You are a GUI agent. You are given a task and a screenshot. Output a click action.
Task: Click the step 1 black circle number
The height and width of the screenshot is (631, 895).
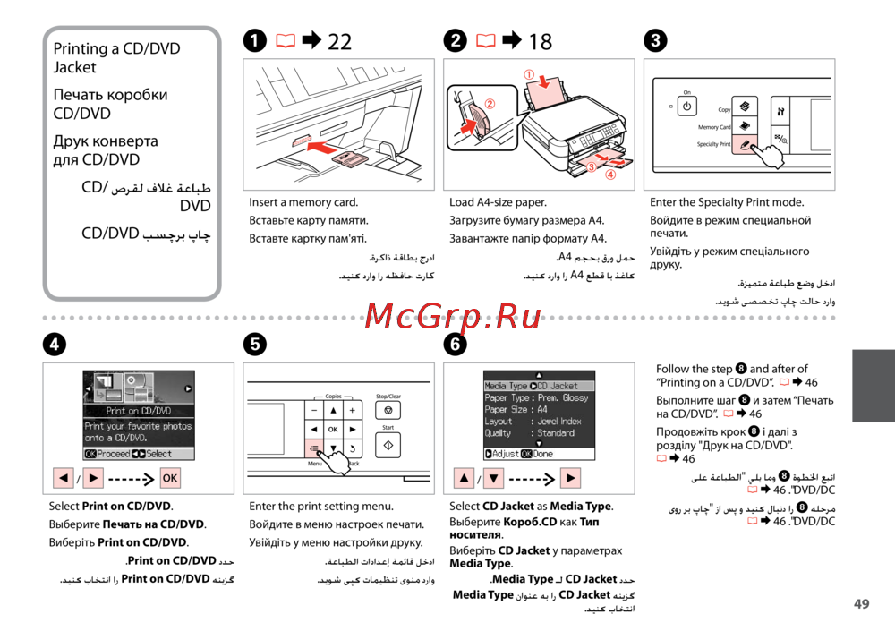[x=254, y=41]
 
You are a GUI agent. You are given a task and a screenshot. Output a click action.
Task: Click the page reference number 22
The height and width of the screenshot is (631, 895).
[x=340, y=41]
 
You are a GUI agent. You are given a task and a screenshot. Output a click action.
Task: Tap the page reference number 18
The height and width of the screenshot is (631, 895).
[x=541, y=41]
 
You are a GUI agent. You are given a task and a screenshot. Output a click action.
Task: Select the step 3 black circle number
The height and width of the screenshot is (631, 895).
[x=656, y=41]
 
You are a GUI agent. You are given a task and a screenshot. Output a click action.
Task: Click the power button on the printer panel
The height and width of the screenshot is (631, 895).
[x=686, y=107]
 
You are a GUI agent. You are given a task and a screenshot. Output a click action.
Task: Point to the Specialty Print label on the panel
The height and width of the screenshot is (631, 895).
[x=713, y=144]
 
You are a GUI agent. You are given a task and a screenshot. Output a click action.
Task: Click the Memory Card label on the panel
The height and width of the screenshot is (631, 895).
[x=714, y=127]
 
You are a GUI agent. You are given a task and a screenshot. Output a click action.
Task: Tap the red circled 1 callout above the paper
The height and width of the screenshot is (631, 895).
[x=529, y=75]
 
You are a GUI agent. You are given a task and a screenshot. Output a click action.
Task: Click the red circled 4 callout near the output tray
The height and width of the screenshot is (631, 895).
[x=610, y=175]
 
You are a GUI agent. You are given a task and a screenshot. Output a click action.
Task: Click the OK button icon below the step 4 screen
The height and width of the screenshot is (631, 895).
[x=169, y=478]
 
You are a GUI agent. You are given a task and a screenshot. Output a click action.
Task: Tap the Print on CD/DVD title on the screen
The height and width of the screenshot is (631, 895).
[x=139, y=411]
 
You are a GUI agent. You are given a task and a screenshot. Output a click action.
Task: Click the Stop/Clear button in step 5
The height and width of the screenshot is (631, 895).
[x=388, y=410]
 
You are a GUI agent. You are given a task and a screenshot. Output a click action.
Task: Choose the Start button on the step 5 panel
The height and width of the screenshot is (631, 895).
[x=388, y=444]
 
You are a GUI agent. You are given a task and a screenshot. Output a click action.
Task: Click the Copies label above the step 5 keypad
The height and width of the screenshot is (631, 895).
[x=333, y=396]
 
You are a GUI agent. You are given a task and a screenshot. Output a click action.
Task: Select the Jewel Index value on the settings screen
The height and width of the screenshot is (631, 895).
[x=559, y=421]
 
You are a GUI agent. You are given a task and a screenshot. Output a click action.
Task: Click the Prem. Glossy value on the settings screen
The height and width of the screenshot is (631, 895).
[x=563, y=397]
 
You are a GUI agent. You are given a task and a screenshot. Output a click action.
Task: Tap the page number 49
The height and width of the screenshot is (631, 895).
[x=861, y=604]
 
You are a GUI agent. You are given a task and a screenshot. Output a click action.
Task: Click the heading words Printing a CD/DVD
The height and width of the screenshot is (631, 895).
[x=116, y=48]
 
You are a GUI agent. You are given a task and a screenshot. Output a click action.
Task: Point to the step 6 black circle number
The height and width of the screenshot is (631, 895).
[x=456, y=345]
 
